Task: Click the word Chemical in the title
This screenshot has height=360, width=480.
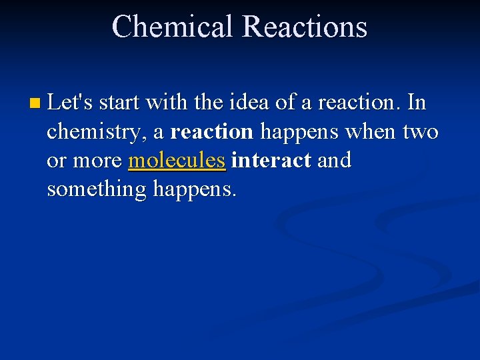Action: (x=173, y=27)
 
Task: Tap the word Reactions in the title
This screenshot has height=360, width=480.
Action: (x=305, y=27)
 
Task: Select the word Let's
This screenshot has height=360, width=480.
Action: (x=71, y=103)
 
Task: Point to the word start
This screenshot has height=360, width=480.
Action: (x=120, y=103)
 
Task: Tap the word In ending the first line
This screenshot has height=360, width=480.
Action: (x=415, y=103)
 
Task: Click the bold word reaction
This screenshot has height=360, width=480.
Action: (x=212, y=132)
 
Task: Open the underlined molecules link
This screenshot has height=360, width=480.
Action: (x=177, y=161)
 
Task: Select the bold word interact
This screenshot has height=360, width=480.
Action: (x=271, y=161)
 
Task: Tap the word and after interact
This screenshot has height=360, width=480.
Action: (x=334, y=161)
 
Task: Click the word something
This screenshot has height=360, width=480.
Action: (x=97, y=190)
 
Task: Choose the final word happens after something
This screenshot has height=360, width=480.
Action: (x=194, y=191)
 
